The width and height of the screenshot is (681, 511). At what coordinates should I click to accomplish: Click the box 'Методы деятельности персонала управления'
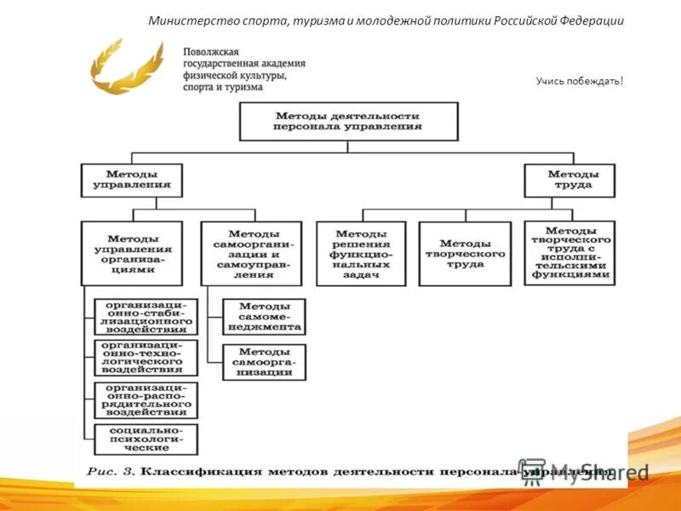pos(348,121)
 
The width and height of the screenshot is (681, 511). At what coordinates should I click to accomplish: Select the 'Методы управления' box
pos(131,180)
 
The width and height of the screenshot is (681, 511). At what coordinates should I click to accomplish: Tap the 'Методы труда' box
pos(569,180)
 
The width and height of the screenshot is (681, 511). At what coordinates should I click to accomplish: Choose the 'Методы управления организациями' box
pos(131,253)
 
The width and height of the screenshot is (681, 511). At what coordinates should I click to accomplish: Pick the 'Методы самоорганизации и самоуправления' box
pos(252,253)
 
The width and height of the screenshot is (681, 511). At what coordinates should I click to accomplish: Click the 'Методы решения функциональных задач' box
pos(362,253)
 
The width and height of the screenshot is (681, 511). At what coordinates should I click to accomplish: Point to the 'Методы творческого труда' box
pos(465,253)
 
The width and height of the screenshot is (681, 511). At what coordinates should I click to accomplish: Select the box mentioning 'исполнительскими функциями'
pos(569,253)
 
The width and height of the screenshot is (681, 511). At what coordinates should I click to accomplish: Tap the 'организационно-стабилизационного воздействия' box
pos(146,316)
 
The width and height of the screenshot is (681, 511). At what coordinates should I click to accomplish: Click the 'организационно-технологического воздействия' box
pos(146,358)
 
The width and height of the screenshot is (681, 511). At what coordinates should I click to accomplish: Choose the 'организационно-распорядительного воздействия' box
pos(146,399)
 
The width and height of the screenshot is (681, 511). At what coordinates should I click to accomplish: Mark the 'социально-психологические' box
pos(146,439)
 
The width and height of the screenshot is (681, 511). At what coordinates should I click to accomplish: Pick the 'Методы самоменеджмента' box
pos(264,316)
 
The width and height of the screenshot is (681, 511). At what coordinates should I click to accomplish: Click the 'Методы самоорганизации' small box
pos(264,362)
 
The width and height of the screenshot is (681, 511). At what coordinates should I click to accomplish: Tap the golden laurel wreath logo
pos(126,66)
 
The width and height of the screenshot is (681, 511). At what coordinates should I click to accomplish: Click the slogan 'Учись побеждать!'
pos(580,81)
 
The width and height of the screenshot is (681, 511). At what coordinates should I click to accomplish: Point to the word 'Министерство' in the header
pos(186,21)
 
